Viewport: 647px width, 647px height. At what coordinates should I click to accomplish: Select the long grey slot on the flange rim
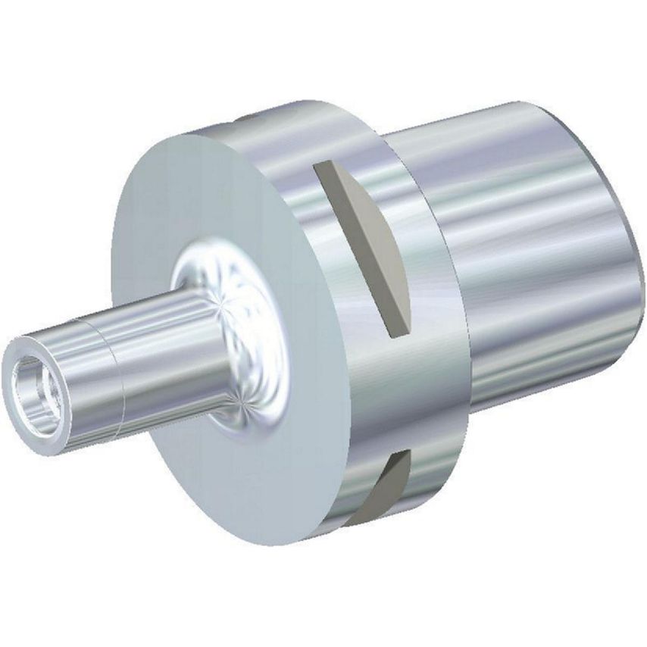pos(364,242)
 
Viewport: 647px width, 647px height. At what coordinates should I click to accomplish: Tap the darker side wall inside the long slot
pos(349,242)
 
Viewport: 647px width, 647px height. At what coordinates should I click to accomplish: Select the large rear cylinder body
pos(530,250)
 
